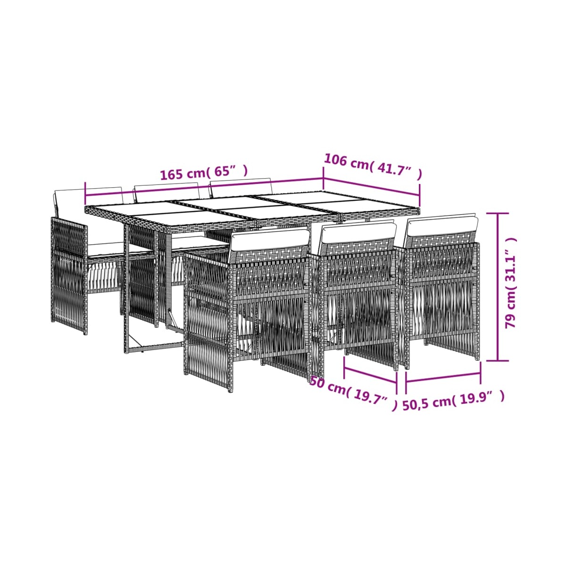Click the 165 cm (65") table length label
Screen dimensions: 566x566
coord(204,173)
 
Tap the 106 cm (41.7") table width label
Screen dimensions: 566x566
coord(373,167)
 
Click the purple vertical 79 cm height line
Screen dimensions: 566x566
coord(498,286)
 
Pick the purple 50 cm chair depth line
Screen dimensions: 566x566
coord(370,375)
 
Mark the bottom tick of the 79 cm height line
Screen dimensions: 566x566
coord(498,360)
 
